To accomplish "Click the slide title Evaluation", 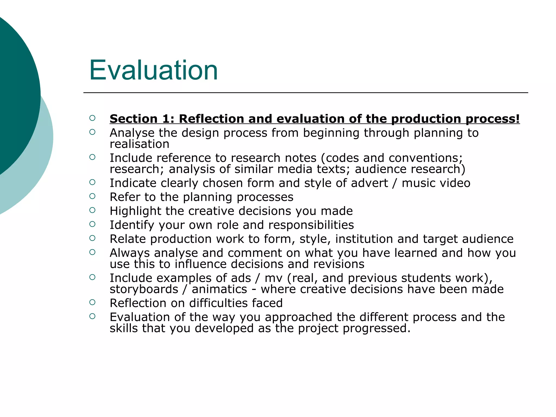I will click(x=153, y=70).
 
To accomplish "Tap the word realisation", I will click(x=139, y=144).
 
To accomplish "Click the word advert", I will click(x=369, y=183).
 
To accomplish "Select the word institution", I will click(x=364, y=239).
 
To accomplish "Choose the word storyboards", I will click(x=144, y=289).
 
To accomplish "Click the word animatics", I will click(x=219, y=289).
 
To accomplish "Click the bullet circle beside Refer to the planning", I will click(x=92, y=196).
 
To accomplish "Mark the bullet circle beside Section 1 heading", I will click(x=92, y=118).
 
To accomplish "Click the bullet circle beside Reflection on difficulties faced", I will click(x=92, y=302).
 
